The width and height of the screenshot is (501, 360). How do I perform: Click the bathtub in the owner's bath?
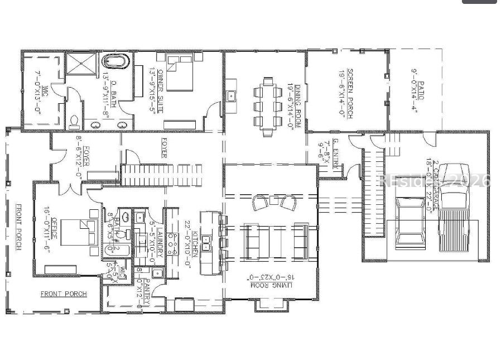pos(117,61)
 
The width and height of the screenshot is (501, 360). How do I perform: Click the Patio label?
pos(418,84)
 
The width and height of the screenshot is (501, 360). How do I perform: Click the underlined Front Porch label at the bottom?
pos(64,294)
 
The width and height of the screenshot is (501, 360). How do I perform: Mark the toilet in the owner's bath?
pos(76,121)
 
